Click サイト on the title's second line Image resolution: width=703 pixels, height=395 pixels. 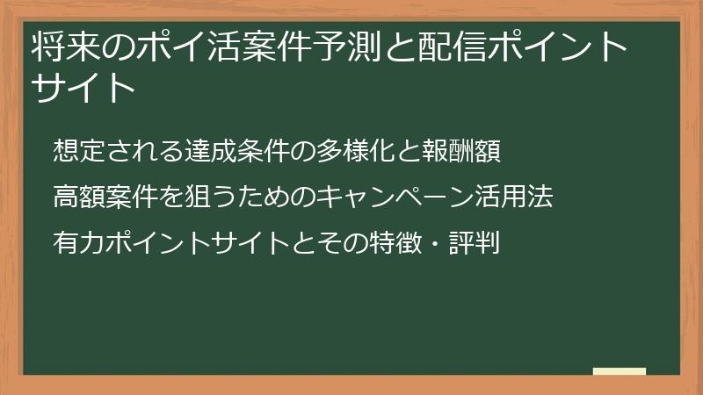83,87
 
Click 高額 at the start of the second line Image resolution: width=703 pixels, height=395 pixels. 76,196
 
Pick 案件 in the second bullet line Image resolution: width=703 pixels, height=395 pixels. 121,196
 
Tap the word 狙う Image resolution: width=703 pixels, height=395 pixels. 189,196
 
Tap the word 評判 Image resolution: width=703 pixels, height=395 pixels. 475,241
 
